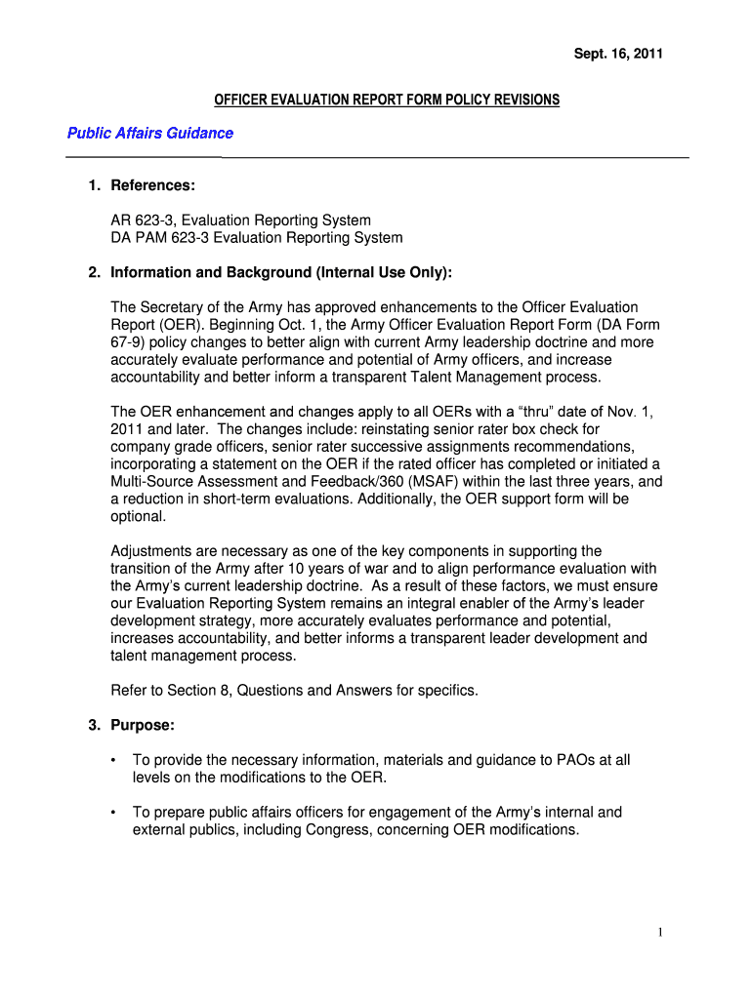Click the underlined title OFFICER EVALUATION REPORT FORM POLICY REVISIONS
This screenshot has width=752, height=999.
click(387, 100)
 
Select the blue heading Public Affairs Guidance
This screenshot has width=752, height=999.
click(149, 133)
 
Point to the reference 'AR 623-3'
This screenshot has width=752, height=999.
click(144, 220)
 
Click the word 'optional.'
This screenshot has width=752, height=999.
click(139, 517)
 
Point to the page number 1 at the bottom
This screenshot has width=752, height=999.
click(661, 933)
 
